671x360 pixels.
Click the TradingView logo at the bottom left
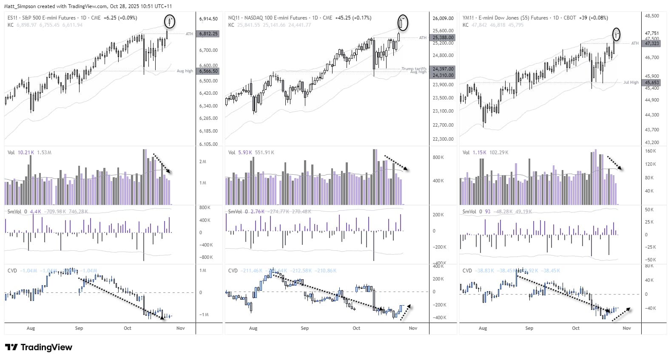(x=39, y=347)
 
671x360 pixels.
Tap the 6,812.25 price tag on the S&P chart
(x=208, y=34)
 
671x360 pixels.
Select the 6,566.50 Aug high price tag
(x=208, y=71)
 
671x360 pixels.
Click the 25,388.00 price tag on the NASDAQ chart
(x=443, y=37)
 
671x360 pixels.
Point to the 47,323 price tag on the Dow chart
(x=652, y=43)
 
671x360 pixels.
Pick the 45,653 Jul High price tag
(x=652, y=82)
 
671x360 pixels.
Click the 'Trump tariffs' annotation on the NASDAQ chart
(x=414, y=68)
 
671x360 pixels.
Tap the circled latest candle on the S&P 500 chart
(x=170, y=21)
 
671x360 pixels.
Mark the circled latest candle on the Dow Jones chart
(x=616, y=34)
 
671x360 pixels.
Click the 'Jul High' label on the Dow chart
(x=631, y=82)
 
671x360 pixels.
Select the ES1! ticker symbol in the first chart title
(x=12, y=18)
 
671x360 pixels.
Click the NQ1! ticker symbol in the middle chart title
(x=233, y=18)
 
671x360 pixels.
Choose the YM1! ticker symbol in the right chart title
(x=468, y=18)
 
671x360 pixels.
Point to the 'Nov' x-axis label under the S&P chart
(x=180, y=328)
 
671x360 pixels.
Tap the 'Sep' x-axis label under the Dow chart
(x=529, y=328)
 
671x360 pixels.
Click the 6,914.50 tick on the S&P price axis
(x=208, y=19)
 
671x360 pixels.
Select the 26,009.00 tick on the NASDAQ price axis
(x=443, y=18)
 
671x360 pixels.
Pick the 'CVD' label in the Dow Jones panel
(x=467, y=270)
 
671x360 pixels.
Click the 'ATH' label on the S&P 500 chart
(x=189, y=34)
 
